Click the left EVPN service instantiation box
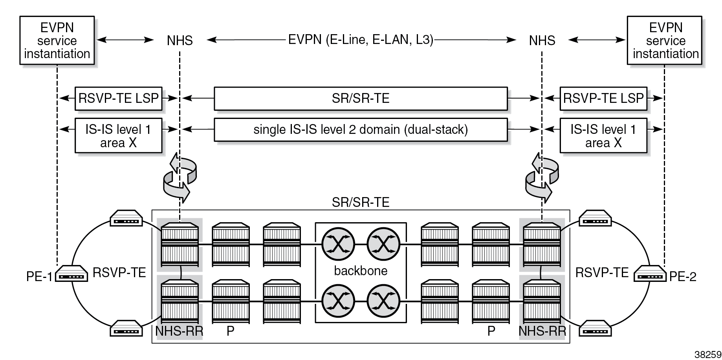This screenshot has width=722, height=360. click(x=57, y=40)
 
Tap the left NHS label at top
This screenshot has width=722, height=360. click(x=180, y=40)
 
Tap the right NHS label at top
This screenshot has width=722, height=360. click(x=542, y=40)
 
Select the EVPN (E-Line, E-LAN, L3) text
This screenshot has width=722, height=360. click(x=361, y=40)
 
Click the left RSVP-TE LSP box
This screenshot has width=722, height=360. click(x=118, y=98)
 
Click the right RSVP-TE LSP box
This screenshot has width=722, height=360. click(x=603, y=98)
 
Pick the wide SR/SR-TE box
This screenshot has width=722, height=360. click(x=360, y=98)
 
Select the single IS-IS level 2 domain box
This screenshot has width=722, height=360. click(x=360, y=130)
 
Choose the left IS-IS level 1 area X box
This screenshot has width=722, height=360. click(x=118, y=135)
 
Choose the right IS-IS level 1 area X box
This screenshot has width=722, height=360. click(x=603, y=135)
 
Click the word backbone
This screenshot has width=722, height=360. click(x=361, y=271)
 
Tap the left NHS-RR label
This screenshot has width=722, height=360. click(x=179, y=331)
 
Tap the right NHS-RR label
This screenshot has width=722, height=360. click(x=542, y=331)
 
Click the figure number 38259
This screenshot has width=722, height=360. click(x=708, y=354)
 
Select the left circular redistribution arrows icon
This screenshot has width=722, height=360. click(x=179, y=177)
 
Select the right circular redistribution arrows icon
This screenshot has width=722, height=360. click(x=542, y=177)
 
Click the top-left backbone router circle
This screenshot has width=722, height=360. click(x=338, y=244)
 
